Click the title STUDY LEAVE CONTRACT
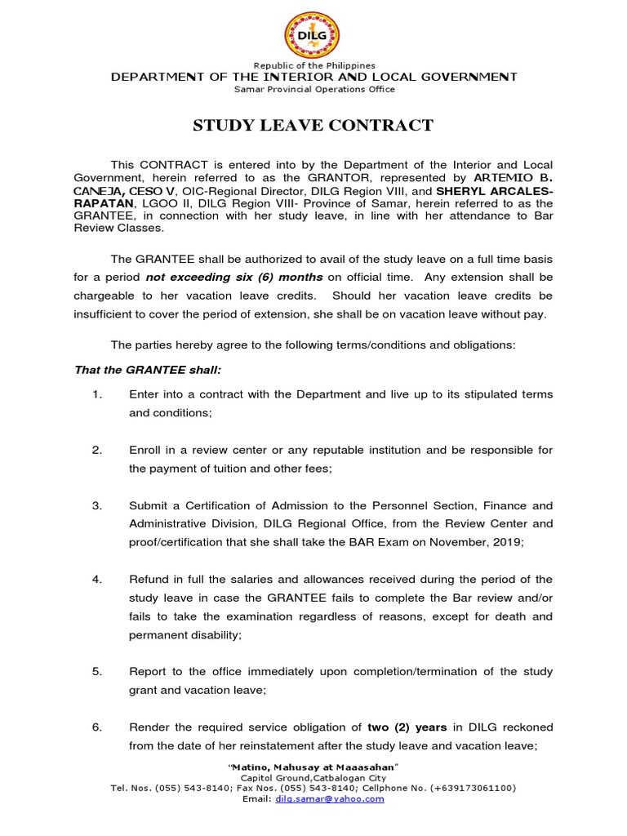pos(313,125)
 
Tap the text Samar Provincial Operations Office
pos(313,87)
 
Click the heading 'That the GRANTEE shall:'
pos(136,370)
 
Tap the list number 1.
pos(96,394)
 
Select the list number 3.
pos(96,505)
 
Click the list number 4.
pos(96,579)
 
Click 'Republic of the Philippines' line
pos(313,65)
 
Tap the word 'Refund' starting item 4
pos(148,579)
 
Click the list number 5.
pos(96,671)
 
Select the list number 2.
pos(96,450)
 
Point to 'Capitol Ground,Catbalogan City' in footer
pos(313,779)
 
